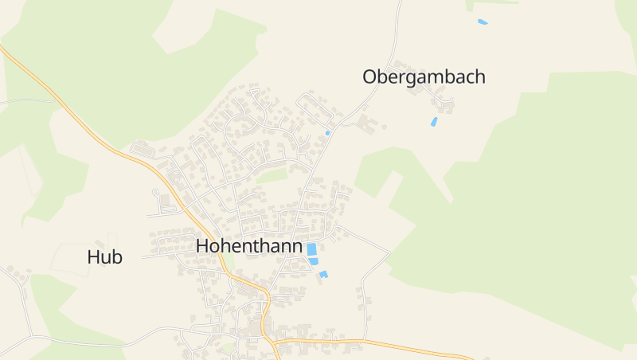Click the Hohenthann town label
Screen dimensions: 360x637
click(x=249, y=246)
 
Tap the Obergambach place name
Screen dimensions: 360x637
click(x=424, y=77)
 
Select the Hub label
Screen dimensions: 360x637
click(x=105, y=257)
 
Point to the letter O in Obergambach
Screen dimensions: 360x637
click(x=370, y=77)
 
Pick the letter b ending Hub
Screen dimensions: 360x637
click(x=117, y=257)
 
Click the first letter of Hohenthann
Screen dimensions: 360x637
click(x=203, y=246)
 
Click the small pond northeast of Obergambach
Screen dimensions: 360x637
click(x=483, y=22)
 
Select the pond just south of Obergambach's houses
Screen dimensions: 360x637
click(x=434, y=122)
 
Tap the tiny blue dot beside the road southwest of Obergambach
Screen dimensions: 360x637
click(x=327, y=133)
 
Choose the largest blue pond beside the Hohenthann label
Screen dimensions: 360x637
click(x=311, y=248)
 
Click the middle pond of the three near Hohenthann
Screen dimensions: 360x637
click(x=314, y=261)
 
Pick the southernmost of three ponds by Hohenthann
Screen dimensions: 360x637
click(x=323, y=275)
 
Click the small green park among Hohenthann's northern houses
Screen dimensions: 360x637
click(x=272, y=175)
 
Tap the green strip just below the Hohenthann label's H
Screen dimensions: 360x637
click(x=228, y=264)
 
